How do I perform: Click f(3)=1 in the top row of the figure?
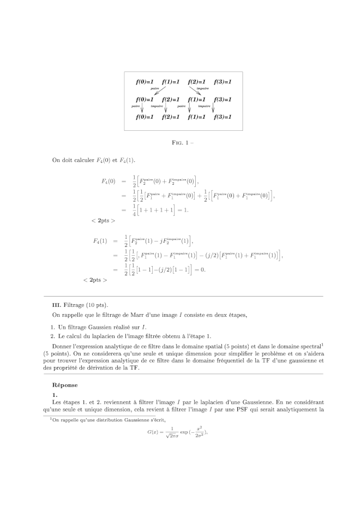pos(223,82)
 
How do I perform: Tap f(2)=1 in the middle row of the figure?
pos(171,100)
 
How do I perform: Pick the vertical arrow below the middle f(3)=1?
pos(214,108)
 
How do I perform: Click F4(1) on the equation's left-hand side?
pos(100,241)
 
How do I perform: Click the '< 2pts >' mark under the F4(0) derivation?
pos(103,221)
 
